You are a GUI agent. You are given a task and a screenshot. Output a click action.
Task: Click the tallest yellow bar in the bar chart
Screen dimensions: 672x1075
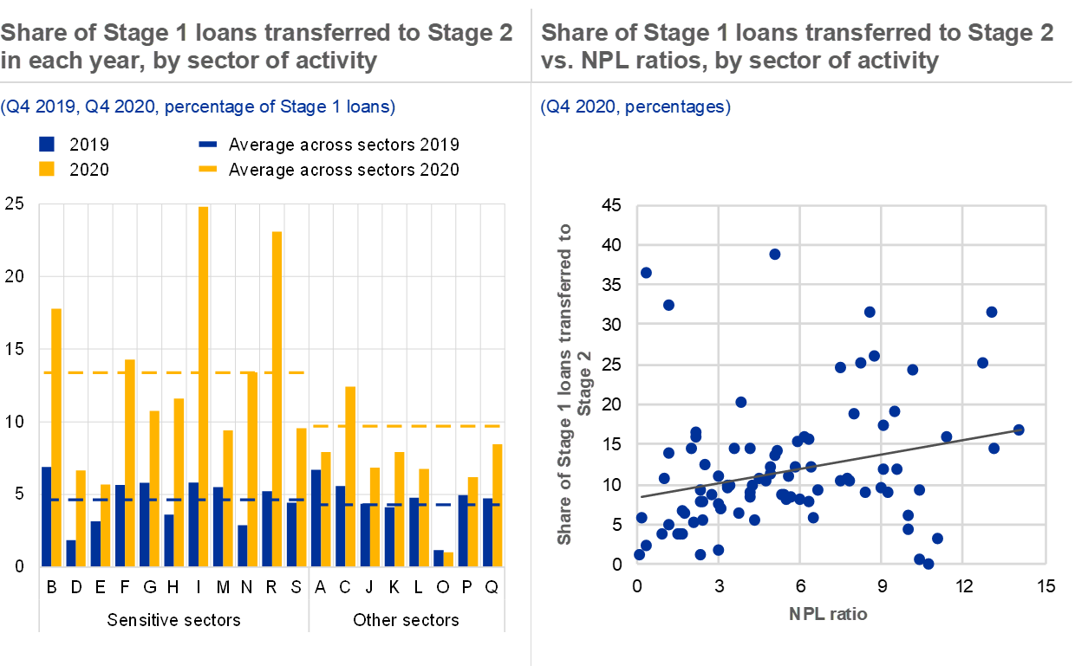(x=204, y=386)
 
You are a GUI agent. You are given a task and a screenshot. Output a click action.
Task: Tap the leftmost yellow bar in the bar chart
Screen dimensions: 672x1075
(x=56, y=437)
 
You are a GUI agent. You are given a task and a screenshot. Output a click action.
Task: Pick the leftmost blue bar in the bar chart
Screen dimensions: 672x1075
(x=46, y=517)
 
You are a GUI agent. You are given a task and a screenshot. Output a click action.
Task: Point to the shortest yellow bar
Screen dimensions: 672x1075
(x=448, y=559)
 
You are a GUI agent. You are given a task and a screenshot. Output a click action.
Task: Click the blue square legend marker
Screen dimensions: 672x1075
(x=47, y=144)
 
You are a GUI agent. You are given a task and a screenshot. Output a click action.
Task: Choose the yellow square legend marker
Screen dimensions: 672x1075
(x=47, y=169)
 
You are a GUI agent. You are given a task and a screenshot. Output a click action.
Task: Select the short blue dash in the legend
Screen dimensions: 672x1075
(x=207, y=144)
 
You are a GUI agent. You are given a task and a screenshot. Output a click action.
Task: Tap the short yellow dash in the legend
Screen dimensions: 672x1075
(x=207, y=169)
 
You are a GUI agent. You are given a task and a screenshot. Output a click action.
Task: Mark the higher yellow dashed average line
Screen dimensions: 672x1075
(x=173, y=372)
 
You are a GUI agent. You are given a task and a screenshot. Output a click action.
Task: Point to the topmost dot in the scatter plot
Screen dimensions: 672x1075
(x=775, y=254)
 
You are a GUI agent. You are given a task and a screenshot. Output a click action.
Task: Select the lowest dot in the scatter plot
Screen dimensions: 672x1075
(x=928, y=564)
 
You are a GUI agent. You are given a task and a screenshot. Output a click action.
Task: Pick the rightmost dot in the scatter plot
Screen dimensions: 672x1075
(x=1019, y=430)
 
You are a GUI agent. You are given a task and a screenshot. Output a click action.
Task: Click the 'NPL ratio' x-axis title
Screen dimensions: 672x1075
(x=828, y=614)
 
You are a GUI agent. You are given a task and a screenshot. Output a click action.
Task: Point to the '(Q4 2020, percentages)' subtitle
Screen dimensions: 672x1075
(x=635, y=107)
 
